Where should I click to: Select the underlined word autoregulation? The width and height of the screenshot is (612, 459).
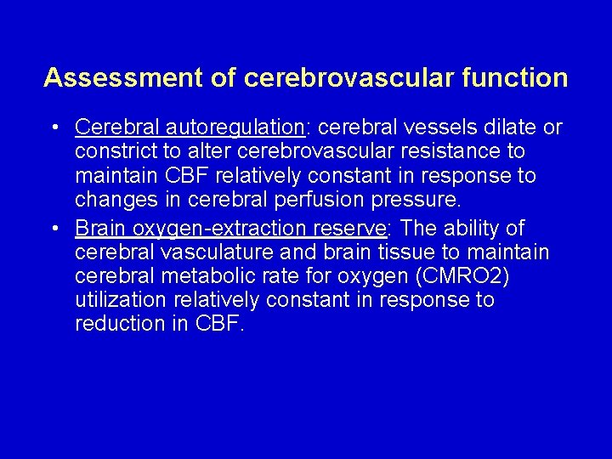pos(240,127)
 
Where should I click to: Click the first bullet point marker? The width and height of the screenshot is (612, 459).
pos(54,128)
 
